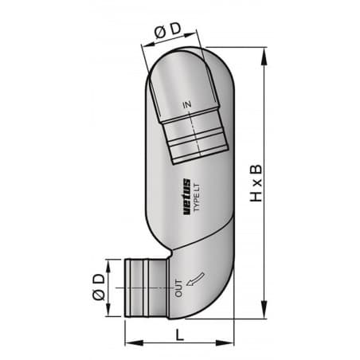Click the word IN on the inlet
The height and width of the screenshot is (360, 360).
(188, 104)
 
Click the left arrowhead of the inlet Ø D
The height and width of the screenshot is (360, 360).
(144, 45)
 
